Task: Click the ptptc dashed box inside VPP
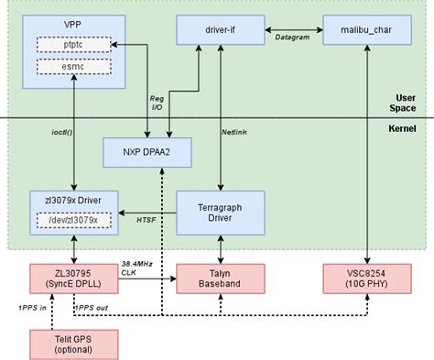click(x=73, y=44)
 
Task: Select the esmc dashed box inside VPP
click(x=73, y=67)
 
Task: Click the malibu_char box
click(x=366, y=31)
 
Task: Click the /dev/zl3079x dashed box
click(x=73, y=219)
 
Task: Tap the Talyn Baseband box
click(x=220, y=278)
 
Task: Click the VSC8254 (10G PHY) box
click(x=366, y=278)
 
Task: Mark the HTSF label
click(x=146, y=220)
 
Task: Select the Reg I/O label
click(x=157, y=101)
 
